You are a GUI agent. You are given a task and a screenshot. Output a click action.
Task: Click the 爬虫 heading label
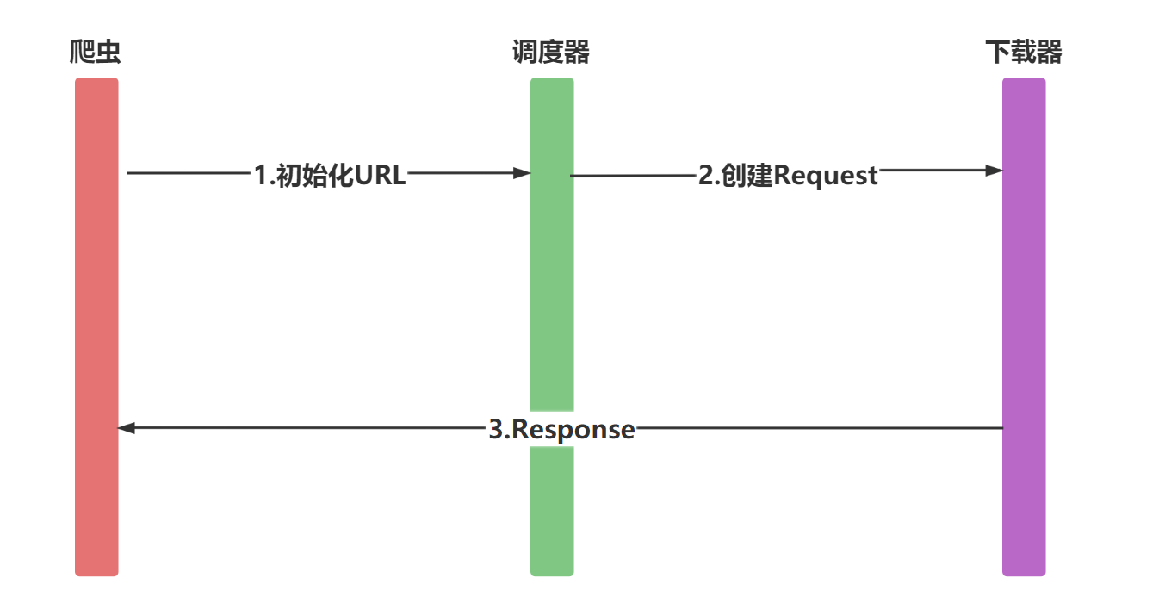pyautogui.click(x=96, y=53)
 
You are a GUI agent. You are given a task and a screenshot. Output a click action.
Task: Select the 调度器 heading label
pyautogui.click(x=551, y=53)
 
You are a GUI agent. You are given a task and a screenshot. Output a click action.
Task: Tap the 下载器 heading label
pyautogui.click(x=1023, y=53)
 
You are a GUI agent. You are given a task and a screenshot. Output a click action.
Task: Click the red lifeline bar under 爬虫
pyautogui.click(x=96, y=327)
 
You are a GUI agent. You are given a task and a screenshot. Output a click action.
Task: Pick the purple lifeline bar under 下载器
pyautogui.click(x=1024, y=327)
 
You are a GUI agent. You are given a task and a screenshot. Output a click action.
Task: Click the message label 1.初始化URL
pyautogui.click(x=330, y=175)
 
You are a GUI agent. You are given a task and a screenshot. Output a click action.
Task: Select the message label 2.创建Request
pyautogui.click(x=788, y=175)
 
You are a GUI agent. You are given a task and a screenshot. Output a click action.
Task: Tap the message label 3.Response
pyautogui.click(x=561, y=429)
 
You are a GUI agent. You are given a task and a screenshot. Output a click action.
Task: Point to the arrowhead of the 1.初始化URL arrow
pyautogui.click(x=522, y=173)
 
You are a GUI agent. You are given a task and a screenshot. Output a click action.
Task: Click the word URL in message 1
pyautogui.click(x=380, y=175)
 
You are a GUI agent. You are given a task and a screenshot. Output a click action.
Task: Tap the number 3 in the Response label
pyautogui.click(x=495, y=429)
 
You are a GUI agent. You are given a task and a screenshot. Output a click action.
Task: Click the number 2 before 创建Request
pyautogui.click(x=704, y=175)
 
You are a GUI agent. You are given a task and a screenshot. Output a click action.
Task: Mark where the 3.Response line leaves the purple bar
pyautogui.click(x=1003, y=428)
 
